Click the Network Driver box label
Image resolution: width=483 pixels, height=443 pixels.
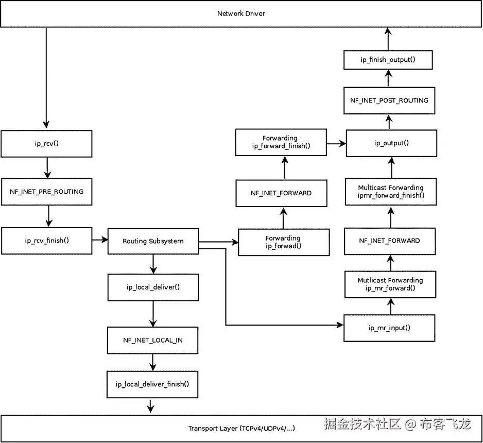(x=241, y=13)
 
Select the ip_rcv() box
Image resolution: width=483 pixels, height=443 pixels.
(x=46, y=143)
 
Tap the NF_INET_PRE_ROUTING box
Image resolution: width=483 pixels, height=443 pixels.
(x=46, y=191)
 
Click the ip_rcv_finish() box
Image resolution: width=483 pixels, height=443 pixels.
(x=46, y=241)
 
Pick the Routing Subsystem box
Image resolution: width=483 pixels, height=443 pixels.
(x=153, y=241)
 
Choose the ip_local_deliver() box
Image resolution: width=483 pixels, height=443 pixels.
(x=153, y=287)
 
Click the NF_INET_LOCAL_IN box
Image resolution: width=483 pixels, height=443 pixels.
(x=152, y=340)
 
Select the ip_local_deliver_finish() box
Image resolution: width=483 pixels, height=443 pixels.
(x=152, y=384)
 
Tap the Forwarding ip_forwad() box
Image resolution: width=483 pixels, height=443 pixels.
(x=283, y=242)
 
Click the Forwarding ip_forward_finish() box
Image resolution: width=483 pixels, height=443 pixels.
(x=281, y=142)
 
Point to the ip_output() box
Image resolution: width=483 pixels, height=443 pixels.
(x=391, y=143)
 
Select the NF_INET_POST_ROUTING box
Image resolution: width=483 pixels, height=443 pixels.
(x=389, y=100)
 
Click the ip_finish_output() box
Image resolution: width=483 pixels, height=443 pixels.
(x=388, y=60)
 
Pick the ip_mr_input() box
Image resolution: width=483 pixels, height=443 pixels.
(x=390, y=328)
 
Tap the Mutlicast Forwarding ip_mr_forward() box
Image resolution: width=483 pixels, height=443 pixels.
(x=390, y=284)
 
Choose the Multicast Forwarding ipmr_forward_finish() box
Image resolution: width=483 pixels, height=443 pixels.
(x=391, y=192)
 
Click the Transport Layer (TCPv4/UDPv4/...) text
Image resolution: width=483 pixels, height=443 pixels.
(x=242, y=428)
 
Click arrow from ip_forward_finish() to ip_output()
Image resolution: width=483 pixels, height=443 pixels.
(x=336, y=144)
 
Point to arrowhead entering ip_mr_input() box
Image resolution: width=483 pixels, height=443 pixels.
(x=340, y=325)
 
